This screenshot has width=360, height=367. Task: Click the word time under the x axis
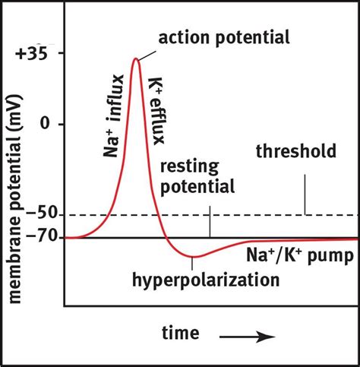point(180,334)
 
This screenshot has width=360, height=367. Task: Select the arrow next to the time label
point(246,335)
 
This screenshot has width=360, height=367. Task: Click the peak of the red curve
point(135,59)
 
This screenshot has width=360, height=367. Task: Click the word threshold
point(295,151)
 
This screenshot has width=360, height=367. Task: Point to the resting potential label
point(197,176)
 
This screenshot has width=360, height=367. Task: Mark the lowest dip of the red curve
point(192,256)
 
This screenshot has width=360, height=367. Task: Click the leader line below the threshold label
point(305,194)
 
